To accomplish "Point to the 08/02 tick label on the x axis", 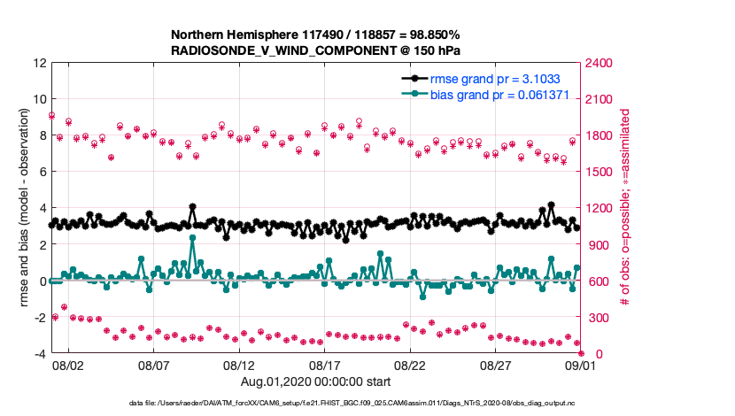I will click(68, 365).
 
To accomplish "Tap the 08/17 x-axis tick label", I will click(325, 365).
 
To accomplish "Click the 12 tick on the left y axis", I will click(39, 63).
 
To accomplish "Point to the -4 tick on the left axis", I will click(40, 354).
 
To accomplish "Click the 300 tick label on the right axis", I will click(594, 318).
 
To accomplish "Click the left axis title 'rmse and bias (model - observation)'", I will click(24, 209).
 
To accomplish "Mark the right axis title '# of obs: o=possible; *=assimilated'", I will click(625, 209).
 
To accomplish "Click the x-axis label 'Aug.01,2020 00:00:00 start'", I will click(315, 381).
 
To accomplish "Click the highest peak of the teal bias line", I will click(192, 238).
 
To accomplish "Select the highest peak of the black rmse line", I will click(551, 204).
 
